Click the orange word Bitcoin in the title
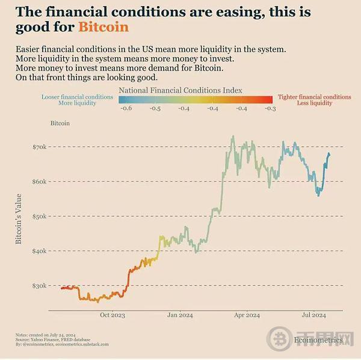103,27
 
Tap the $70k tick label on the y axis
39,147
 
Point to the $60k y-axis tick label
39,181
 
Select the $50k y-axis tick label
39,216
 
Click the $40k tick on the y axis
39,250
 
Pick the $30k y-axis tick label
39,285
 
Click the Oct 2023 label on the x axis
113,315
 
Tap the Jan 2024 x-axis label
180,315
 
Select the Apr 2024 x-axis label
247,315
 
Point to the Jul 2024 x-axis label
313,315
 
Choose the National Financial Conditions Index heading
180,90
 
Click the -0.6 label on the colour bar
126,108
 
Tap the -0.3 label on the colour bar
270,108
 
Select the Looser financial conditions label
77,97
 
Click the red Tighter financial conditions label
314,97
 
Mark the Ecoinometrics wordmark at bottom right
318,340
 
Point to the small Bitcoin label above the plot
60,123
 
